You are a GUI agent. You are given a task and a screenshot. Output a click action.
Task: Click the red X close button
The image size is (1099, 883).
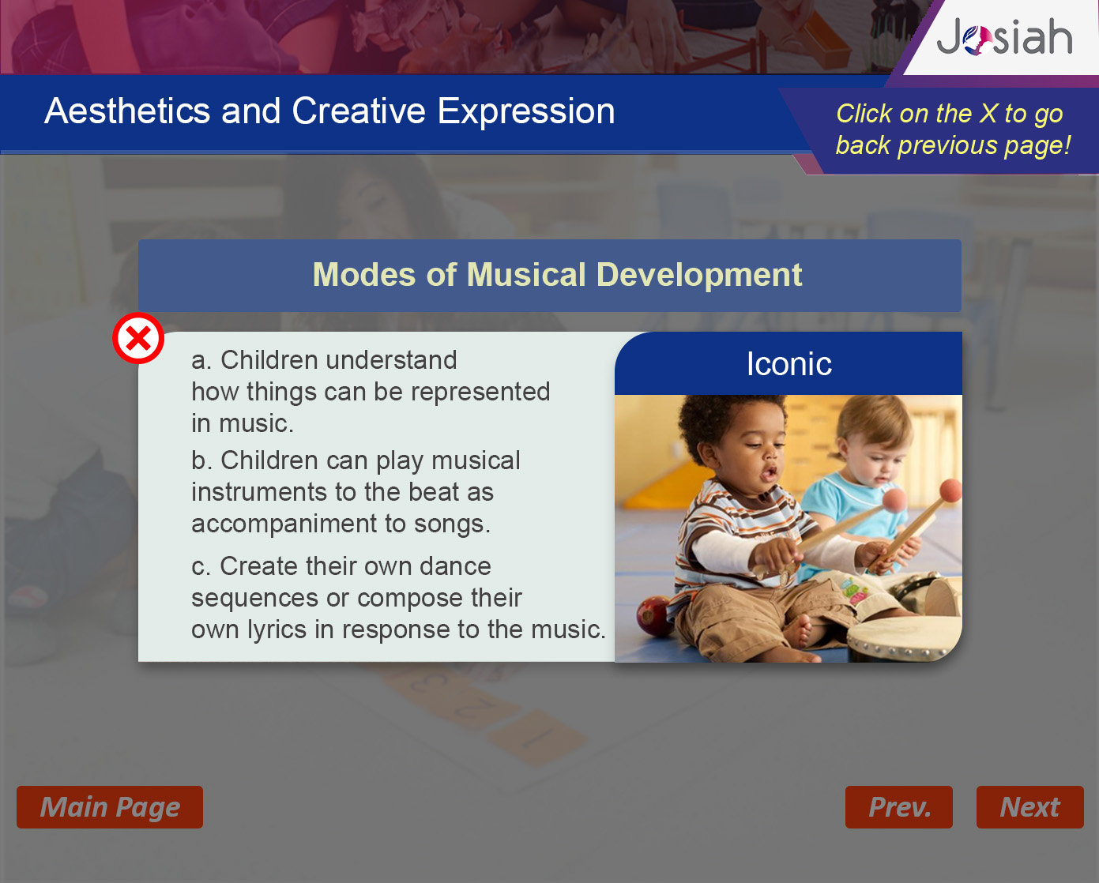(138, 338)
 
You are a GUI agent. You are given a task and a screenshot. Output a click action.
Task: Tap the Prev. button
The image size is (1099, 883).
(899, 807)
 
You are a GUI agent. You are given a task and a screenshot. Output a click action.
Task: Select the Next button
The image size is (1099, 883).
(1029, 807)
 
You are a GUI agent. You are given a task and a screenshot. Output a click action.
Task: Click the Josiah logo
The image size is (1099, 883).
(1004, 37)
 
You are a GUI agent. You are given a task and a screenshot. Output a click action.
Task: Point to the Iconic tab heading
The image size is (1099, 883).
(789, 363)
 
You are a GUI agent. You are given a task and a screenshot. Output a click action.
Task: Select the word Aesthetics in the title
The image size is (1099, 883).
(127, 111)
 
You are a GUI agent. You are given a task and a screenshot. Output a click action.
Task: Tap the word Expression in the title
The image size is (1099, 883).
(526, 112)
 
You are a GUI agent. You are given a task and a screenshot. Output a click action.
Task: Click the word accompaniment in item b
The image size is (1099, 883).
(284, 524)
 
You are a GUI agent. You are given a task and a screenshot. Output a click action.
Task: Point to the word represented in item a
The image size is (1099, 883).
(480, 392)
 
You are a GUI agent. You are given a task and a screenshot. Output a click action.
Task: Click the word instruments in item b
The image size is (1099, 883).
(259, 492)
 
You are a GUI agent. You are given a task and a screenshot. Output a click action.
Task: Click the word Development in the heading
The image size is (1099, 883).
(699, 276)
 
